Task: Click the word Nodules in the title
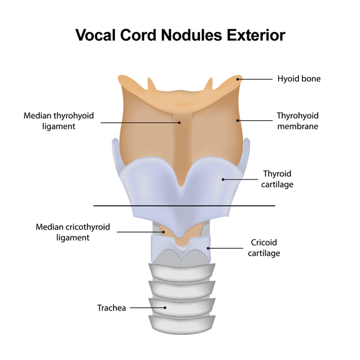[192, 35]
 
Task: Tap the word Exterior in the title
[256, 35]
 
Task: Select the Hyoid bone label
[299, 78]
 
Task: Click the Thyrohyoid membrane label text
[298, 121]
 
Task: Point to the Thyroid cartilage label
[277, 179]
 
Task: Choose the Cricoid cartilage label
[264, 248]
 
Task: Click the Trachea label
[112, 308]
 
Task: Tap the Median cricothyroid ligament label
[73, 232]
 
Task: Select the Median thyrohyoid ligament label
[59, 121]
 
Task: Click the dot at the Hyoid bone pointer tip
[238, 79]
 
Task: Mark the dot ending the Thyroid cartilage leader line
[223, 179]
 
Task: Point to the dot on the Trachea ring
[165, 308]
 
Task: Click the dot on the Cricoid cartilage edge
[208, 248]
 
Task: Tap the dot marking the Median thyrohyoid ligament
[179, 123]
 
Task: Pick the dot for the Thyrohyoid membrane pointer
[238, 120]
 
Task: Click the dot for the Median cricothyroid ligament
[164, 232]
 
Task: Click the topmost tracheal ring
[182, 273]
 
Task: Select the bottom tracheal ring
[182, 325]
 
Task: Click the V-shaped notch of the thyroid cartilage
[181, 186]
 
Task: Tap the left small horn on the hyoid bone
[151, 84]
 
